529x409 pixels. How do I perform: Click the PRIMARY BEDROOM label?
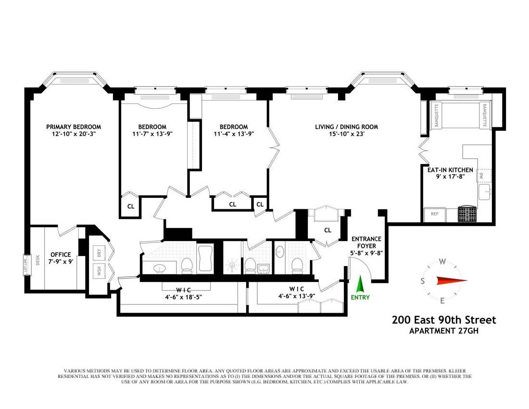[x=74, y=127]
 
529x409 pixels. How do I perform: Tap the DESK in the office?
[x=38, y=260]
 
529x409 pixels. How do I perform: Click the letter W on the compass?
[x=441, y=262]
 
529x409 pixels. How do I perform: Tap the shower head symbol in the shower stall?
[x=232, y=265]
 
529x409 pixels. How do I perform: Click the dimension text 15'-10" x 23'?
[x=346, y=134]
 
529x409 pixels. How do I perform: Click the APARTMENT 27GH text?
[x=445, y=331]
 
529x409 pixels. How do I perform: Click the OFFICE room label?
[x=61, y=255]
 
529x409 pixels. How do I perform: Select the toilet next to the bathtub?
[x=187, y=265]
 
